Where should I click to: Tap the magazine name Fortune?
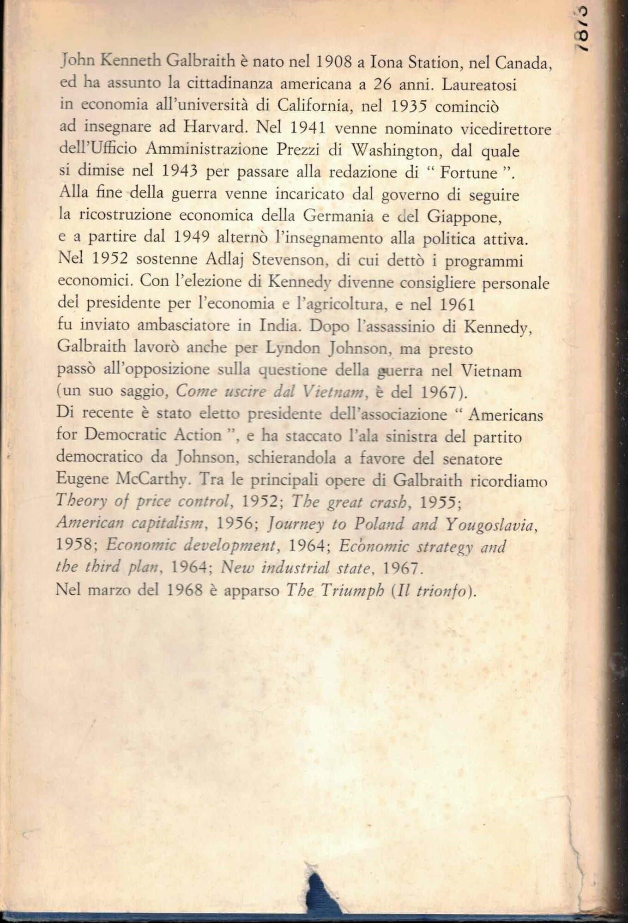point(468,172)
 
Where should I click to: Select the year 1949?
point(192,237)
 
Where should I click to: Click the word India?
point(278,325)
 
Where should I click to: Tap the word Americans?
point(506,414)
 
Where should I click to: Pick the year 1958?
point(74,545)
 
